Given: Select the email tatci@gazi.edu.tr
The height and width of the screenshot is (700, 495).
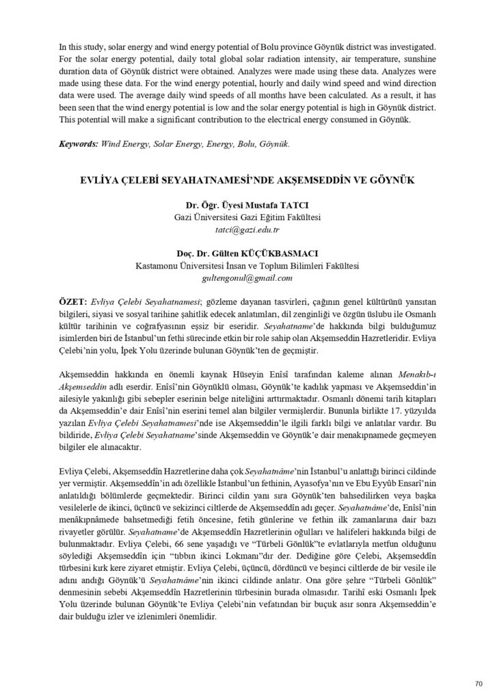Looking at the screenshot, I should point(247,230).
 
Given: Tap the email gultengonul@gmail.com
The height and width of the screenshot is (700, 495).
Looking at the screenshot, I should point(247,278).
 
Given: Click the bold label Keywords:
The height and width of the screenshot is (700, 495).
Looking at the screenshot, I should point(79,144).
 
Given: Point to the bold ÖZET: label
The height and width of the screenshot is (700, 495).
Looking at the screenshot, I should point(73,301).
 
